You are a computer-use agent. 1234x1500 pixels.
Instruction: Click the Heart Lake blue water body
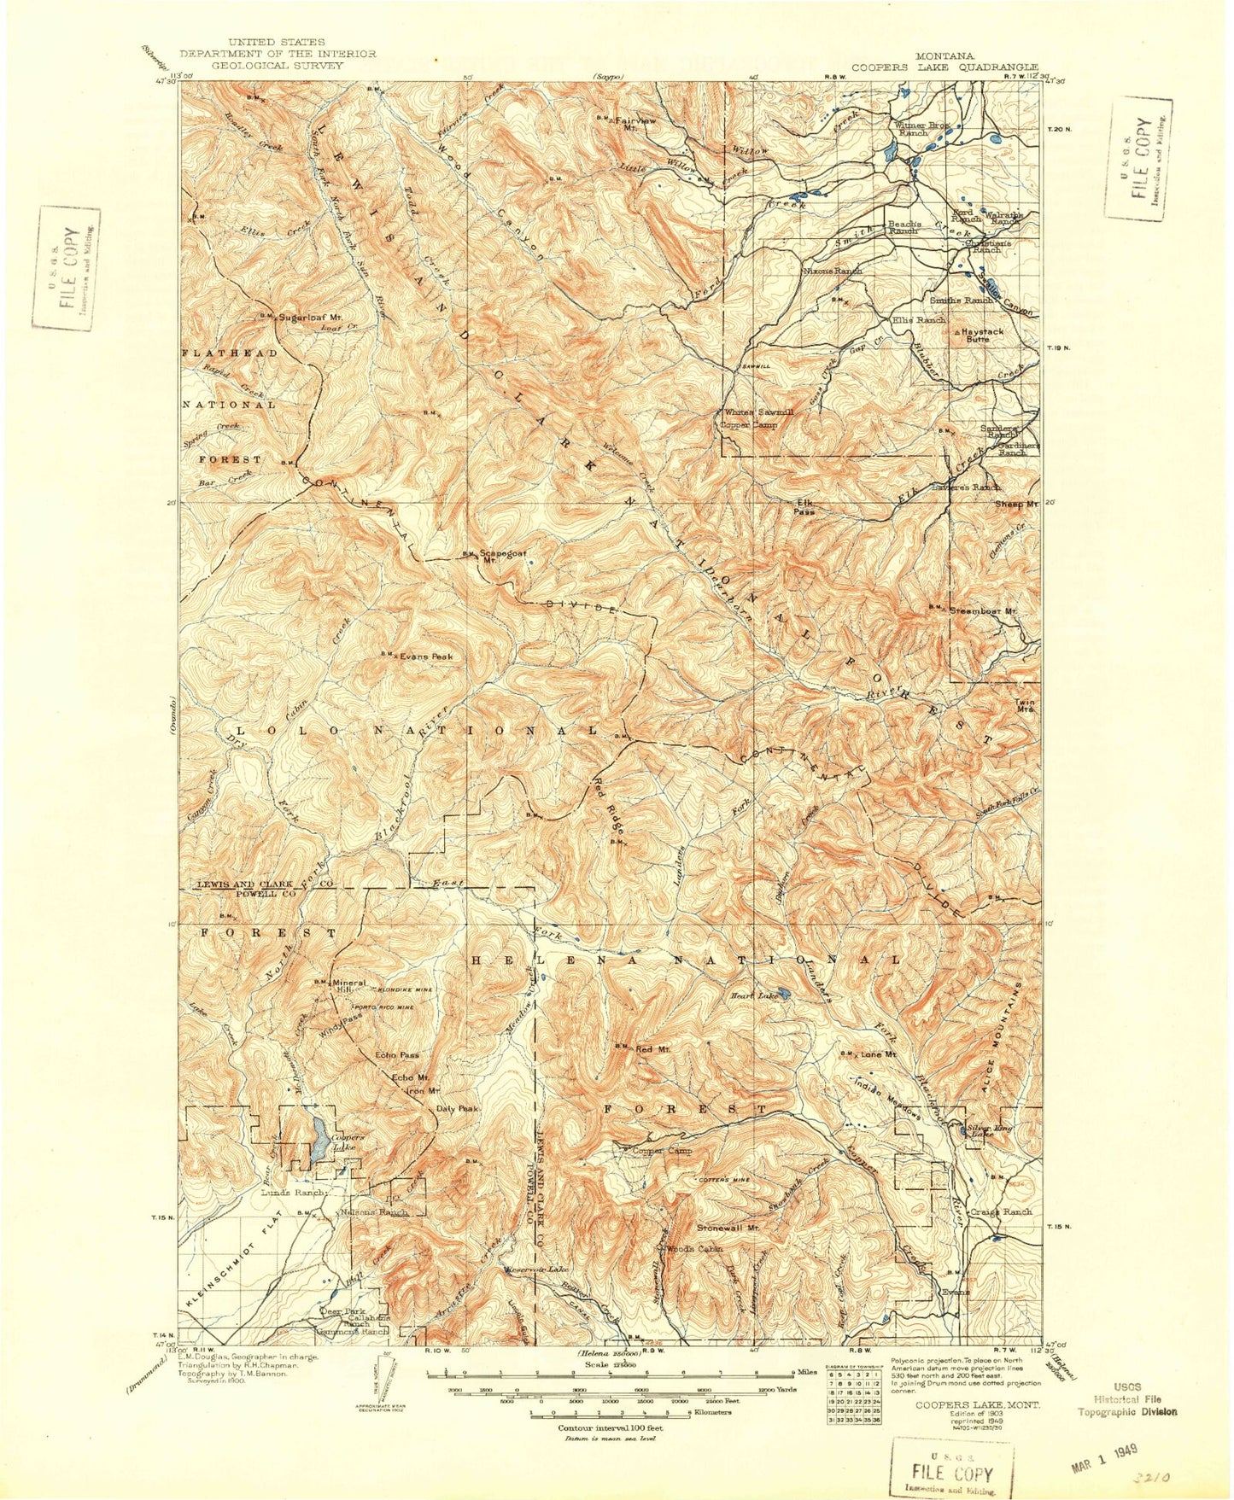tap(785, 995)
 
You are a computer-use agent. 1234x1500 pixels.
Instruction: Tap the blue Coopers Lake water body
tap(318, 1138)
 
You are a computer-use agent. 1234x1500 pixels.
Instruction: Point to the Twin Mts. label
tap(1025, 706)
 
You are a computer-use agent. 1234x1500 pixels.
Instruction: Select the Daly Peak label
tap(457, 1108)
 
